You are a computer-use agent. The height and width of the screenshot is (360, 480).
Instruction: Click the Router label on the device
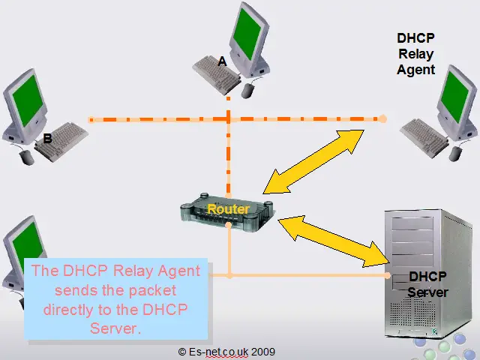(x=228, y=208)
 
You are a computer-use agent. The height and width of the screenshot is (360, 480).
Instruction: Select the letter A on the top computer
(x=222, y=62)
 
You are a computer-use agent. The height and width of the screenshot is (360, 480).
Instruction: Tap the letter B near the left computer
(x=47, y=139)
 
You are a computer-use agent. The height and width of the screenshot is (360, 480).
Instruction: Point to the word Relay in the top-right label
(x=416, y=53)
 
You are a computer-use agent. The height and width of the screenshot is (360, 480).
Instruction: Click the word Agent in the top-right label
(x=416, y=69)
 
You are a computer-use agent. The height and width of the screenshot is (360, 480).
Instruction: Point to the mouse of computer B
(x=27, y=157)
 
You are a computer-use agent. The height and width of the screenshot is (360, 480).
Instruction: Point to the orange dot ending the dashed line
(x=382, y=118)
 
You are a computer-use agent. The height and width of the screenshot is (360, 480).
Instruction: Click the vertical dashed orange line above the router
(x=228, y=157)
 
